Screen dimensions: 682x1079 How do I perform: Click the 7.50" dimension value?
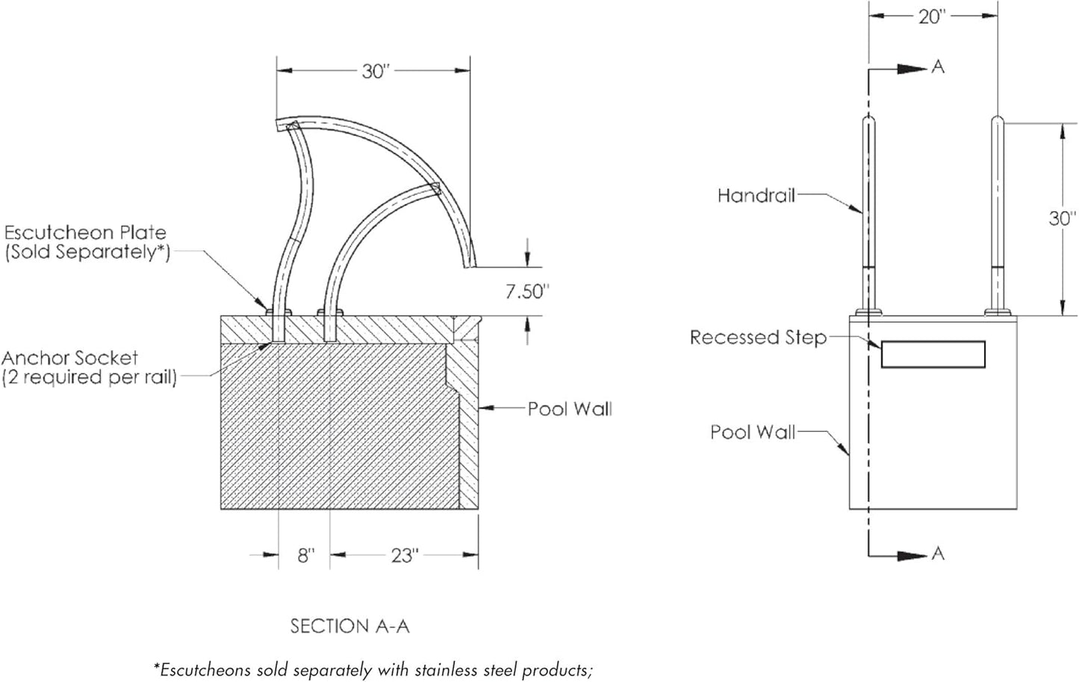pos(527,291)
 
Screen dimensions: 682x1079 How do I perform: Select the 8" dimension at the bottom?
pos(306,556)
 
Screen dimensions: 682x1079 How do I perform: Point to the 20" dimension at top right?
pos(933,16)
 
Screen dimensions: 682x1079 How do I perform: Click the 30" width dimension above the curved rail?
pos(376,71)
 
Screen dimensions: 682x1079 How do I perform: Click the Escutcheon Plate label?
pos(85,233)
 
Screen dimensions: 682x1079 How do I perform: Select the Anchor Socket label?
pos(70,358)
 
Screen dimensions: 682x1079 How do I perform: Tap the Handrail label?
pos(756,196)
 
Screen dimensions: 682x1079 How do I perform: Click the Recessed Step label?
pos(758,338)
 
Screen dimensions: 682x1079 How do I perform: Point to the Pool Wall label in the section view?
pos(570,409)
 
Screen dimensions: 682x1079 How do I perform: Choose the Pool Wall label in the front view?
pos(752,432)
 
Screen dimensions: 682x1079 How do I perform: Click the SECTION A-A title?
pos(349,626)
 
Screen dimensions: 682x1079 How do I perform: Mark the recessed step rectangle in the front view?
pos(933,354)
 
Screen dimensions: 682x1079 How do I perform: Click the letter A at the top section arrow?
pos(939,67)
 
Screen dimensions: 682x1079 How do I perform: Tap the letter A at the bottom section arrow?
pos(939,554)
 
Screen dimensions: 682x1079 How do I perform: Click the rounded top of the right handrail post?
pos(998,120)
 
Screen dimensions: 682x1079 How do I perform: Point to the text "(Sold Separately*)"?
pos(88,252)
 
